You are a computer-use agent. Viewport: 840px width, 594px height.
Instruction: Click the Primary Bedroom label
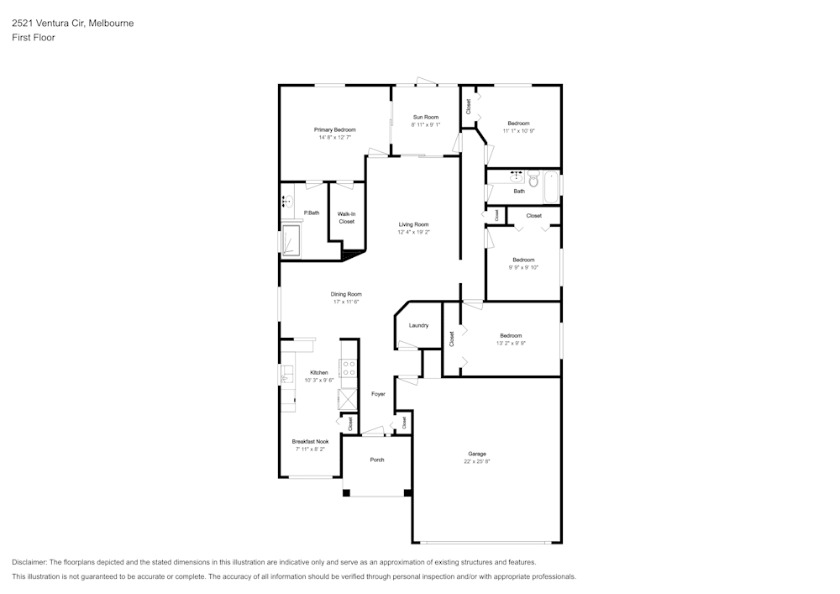335,129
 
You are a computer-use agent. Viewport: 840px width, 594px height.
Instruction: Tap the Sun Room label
426,117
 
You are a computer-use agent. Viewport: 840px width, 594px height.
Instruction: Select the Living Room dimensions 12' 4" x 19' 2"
413,232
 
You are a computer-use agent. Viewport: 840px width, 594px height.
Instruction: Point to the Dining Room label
346,294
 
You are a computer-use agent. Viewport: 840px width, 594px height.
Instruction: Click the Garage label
477,454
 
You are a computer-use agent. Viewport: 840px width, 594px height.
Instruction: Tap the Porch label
377,460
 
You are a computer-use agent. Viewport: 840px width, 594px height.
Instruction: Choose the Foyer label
378,394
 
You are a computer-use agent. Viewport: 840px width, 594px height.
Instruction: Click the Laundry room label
418,325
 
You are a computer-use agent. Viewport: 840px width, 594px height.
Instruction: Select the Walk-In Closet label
347,218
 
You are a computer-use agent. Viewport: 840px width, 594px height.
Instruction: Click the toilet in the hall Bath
533,179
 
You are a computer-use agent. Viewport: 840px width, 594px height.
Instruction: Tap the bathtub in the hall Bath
551,187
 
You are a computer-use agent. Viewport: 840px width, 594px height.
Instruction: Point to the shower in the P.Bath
291,240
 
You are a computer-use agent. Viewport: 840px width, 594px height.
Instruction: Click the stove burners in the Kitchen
349,368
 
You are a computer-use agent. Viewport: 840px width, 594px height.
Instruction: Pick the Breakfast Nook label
310,441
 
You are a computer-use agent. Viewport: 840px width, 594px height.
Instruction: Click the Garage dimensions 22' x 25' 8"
477,461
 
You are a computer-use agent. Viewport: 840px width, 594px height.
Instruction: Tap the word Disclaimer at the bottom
29,562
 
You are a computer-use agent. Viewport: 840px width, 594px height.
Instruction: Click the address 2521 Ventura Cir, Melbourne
73,23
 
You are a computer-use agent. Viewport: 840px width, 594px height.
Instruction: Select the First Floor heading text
34,38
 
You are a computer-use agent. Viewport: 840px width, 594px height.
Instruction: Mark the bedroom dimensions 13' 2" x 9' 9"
511,344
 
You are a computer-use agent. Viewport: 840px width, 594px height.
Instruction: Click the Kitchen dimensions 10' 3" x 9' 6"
318,381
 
